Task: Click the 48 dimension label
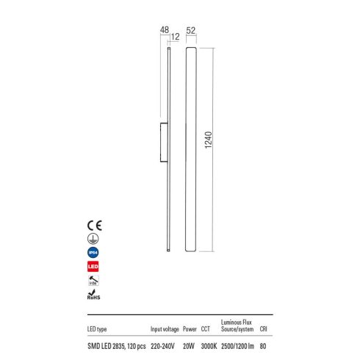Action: click(165, 30)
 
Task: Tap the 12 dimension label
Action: click(175, 37)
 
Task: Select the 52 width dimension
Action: click(191, 31)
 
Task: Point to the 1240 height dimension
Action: click(208, 140)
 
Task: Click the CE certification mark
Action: click(95, 226)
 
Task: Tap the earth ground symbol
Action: click(93, 239)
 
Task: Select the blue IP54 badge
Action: click(93, 253)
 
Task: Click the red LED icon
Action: click(93, 267)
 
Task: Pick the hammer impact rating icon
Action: click(93, 281)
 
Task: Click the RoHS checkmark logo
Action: click(93, 295)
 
